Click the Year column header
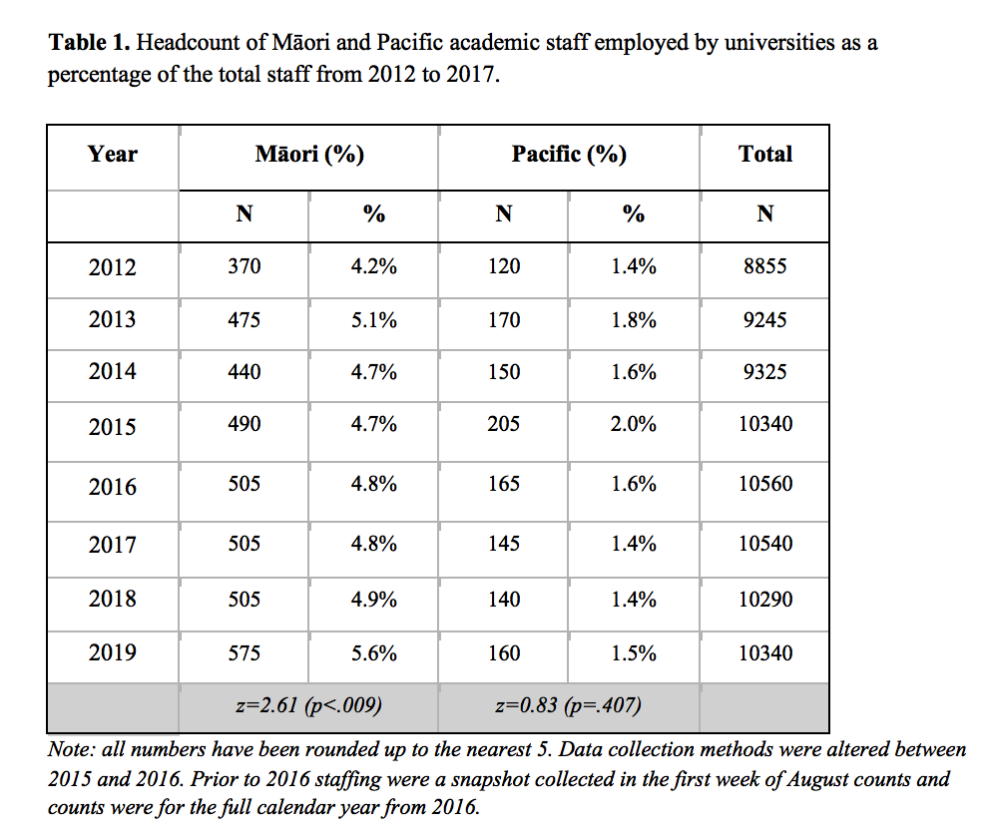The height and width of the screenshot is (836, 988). [113, 155]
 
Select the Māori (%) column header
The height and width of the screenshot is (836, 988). [309, 155]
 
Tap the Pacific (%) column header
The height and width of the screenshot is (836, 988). [569, 155]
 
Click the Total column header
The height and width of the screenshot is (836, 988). [764, 155]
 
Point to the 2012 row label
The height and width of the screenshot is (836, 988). [113, 267]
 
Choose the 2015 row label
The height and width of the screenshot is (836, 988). [113, 427]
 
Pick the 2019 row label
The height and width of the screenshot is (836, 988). [113, 653]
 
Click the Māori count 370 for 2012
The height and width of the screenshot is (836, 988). [244, 267]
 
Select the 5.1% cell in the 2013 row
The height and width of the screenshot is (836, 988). [374, 320]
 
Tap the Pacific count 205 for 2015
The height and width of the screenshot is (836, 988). [504, 424]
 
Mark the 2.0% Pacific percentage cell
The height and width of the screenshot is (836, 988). [634, 424]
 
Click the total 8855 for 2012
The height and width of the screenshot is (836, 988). [764, 267]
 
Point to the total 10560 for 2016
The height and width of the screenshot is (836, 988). [764, 484]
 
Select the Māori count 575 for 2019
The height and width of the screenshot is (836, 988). [244, 653]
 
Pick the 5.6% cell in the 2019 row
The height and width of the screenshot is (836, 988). [374, 653]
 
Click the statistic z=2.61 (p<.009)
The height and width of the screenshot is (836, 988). [308, 706]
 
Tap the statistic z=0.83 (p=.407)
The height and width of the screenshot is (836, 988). [568, 706]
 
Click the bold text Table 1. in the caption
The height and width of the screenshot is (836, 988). [89, 43]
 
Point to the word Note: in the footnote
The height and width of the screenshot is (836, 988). [71, 749]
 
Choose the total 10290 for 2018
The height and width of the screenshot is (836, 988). [764, 600]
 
